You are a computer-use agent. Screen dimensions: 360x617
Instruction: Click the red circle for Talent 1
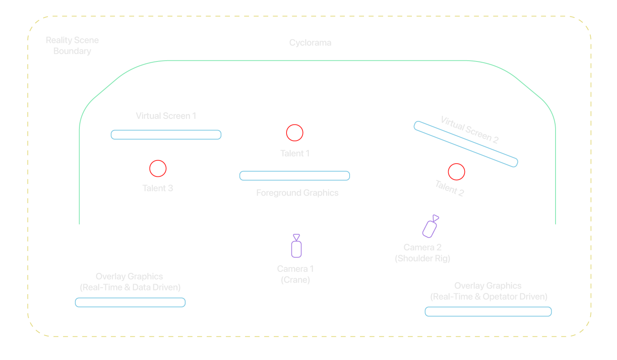point(295,133)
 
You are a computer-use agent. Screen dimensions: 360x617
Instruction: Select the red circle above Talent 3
point(158,168)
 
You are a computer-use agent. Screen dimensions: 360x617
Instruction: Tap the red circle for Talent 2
point(456,172)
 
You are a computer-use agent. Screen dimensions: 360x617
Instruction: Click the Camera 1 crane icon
point(296,247)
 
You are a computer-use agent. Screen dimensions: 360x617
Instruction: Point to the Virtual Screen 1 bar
point(166,135)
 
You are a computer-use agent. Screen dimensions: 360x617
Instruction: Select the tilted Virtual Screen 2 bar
point(466,144)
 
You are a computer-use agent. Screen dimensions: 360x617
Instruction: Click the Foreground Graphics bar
point(295,176)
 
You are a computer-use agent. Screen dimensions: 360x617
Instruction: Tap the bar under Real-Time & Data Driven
point(130,303)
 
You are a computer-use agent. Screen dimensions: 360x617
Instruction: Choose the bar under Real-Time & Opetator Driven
point(488,312)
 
